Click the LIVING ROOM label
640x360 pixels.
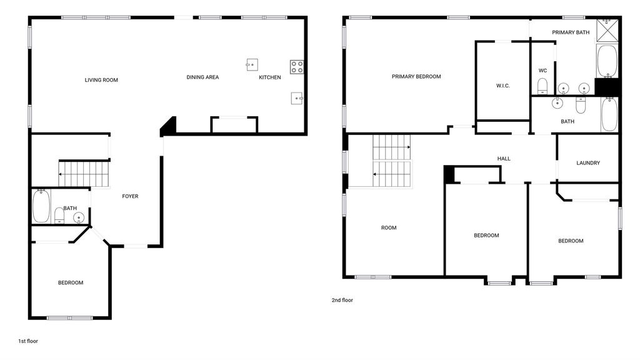pos(101,80)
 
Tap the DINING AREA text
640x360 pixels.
pos(202,77)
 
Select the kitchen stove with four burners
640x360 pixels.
pos(297,67)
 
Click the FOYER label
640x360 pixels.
pos(130,196)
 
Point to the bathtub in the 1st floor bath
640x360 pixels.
pos(41,206)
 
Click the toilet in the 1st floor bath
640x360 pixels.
pos(59,216)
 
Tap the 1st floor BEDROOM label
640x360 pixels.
pos(71,282)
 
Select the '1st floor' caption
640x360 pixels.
pos(28,341)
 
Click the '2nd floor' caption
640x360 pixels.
pos(342,300)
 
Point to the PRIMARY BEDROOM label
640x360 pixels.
pos(416,76)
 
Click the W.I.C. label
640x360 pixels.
pos(503,86)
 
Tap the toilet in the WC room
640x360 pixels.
pos(542,86)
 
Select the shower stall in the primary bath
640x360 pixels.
pos(607,30)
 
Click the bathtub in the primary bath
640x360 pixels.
pos(607,61)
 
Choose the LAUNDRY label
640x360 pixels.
pos(588,163)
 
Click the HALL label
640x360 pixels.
pos(504,158)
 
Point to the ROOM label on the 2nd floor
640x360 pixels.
pos(389,227)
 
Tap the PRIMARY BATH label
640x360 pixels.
pos(571,32)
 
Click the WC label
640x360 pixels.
pos(542,71)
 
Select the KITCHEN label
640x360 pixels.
pos(270,77)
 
